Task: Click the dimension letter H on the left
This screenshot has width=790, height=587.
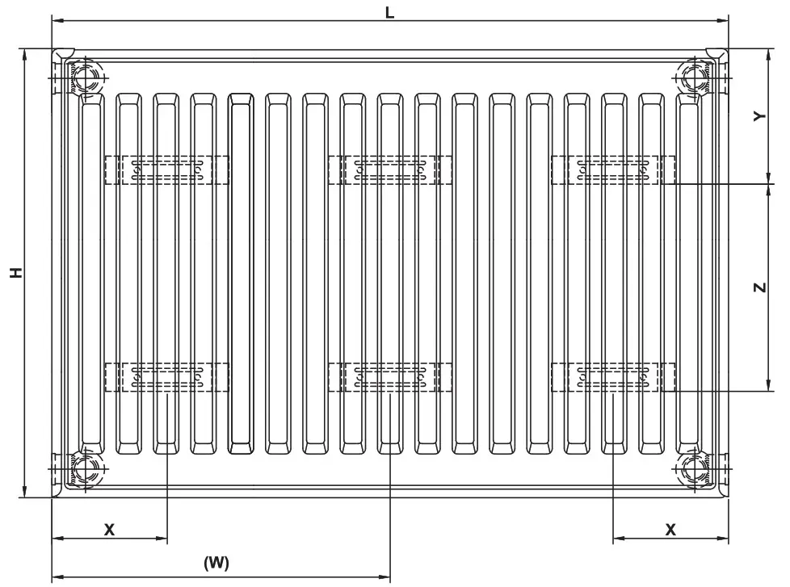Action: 15,272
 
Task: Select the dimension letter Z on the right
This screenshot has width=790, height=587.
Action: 758,287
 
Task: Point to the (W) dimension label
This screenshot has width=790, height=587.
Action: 216,563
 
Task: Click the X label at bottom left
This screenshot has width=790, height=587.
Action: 110,530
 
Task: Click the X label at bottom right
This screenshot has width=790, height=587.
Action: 670,530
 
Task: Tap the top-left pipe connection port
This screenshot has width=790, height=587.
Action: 85,78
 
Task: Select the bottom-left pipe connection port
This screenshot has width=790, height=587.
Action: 85,468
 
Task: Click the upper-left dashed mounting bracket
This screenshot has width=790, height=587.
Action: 166,170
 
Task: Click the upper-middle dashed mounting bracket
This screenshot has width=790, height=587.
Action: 390,170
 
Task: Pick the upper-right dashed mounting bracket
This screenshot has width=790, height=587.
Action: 613,170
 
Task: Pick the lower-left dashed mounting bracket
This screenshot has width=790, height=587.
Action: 166,376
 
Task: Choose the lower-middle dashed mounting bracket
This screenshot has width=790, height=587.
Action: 390,376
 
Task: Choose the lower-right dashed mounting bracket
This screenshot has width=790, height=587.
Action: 613,376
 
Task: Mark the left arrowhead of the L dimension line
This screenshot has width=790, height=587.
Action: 57,21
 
